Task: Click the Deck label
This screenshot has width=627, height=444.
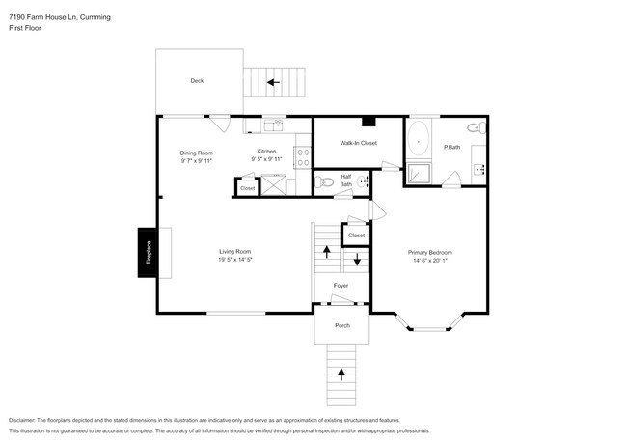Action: [197, 81]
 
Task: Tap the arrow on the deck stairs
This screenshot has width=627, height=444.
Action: [273, 82]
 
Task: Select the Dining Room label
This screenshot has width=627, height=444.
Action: [197, 153]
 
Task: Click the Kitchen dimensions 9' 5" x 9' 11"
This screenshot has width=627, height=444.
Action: [267, 158]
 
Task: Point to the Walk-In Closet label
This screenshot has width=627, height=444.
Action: [358, 143]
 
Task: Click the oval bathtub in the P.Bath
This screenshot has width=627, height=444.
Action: [419, 140]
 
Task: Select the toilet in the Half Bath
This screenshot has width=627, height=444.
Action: [325, 180]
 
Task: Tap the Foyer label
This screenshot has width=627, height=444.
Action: [341, 286]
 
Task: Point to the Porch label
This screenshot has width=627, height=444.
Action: [342, 325]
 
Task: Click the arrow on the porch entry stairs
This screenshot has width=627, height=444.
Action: [340, 372]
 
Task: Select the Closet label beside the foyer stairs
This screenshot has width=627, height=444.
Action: [356, 235]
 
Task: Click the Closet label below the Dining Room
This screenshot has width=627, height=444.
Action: [248, 188]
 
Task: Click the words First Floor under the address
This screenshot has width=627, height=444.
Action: [25, 28]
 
